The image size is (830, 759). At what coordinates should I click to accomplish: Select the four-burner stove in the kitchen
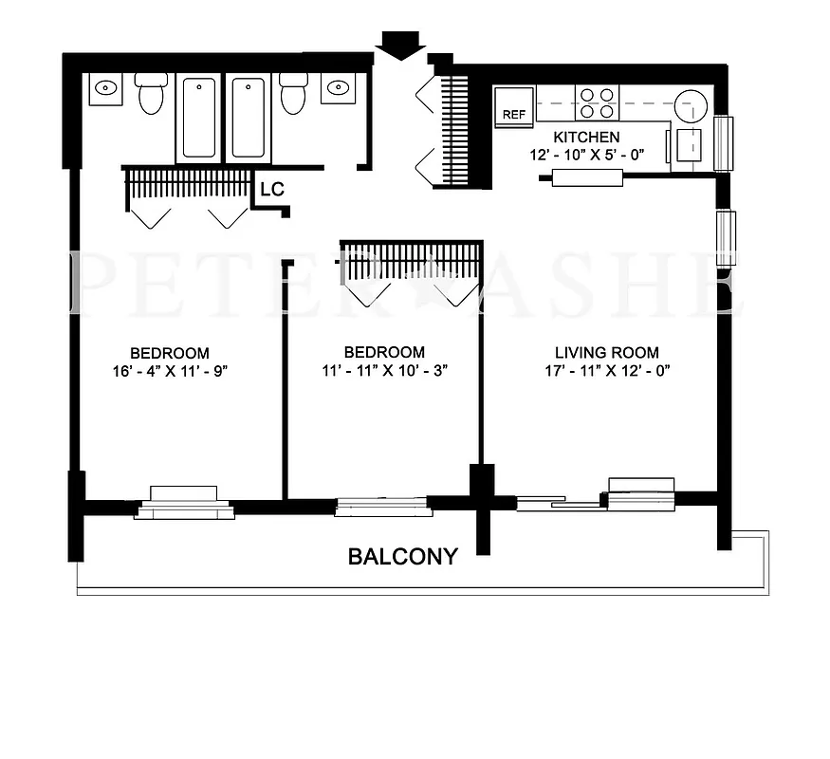coord(598,102)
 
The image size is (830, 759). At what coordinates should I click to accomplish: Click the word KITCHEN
coord(586,138)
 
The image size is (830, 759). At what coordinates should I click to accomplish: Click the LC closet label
coord(272,190)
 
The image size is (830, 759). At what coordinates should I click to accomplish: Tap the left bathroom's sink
coord(104,89)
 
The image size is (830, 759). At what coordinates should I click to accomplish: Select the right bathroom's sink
coord(337,89)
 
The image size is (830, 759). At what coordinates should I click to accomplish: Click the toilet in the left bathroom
coord(151,93)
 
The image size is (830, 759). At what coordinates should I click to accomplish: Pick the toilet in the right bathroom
coord(292,93)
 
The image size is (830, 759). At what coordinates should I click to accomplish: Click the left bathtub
coord(199,118)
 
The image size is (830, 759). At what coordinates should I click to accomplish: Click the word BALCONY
coord(403,557)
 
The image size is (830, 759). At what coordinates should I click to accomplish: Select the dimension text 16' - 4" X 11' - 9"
coord(170,371)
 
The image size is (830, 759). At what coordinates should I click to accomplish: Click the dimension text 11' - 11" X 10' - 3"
coord(384,371)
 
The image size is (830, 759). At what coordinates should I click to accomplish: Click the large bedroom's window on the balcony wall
coord(184,503)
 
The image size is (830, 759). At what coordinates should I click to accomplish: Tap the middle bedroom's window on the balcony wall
coord(383,506)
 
